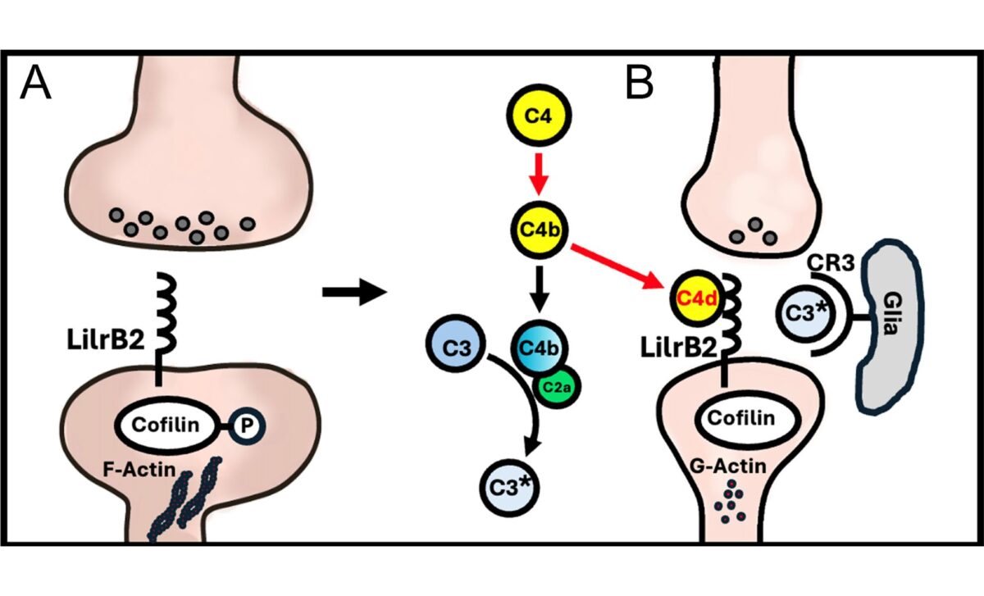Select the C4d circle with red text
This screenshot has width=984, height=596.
[x=695, y=296]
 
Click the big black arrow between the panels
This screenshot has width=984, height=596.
[x=353, y=291]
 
